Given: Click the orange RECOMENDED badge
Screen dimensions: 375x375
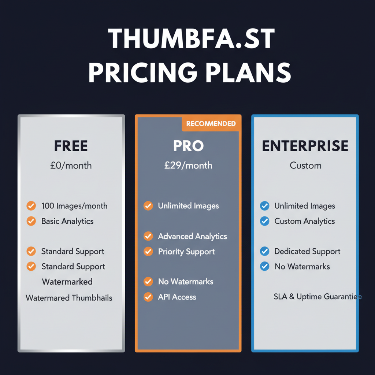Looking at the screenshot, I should click(x=211, y=124).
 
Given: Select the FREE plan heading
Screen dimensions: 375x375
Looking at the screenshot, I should click(x=71, y=146).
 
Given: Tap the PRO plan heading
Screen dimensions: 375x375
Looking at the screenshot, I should click(x=188, y=146).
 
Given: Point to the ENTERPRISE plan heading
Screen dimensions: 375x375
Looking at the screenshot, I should click(x=305, y=146).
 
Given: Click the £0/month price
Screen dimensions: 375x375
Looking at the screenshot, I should click(x=71, y=166).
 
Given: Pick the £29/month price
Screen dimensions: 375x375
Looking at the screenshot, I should click(x=188, y=166).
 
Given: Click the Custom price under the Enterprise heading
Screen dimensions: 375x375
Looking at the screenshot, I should click(x=305, y=166).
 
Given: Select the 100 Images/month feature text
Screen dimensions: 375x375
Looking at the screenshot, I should click(x=74, y=206).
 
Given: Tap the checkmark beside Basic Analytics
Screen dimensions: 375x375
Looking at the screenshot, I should click(x=31, y=221).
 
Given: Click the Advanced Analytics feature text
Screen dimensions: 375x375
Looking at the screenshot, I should click(x=192, y=237).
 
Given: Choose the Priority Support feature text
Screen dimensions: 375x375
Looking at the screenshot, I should click(x=186, y=252).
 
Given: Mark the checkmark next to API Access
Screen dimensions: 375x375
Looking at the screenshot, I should click(x=148, y=297).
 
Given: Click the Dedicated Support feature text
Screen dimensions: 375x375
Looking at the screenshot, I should click(x=307, y=252).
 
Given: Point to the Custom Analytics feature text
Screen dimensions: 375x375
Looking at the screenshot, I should click(x=305, y=221).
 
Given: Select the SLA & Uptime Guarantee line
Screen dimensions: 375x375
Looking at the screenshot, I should click(x=318, y=297).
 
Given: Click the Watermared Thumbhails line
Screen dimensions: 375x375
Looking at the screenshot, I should click(x=69, y=298).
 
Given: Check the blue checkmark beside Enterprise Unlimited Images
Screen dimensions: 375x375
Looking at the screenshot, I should click(x=264, y=206).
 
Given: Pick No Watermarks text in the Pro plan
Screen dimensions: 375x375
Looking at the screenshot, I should click(x=186, y=282).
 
